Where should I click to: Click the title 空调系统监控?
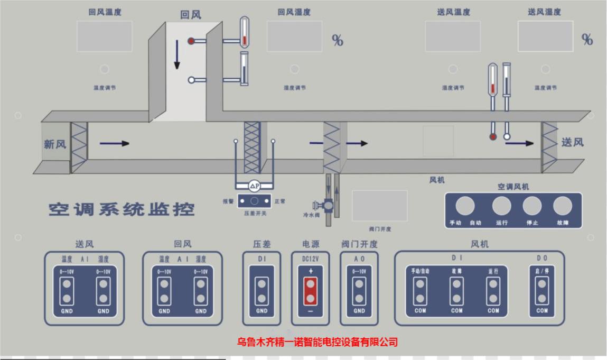[122, 209]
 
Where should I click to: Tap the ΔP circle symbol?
[255, 186]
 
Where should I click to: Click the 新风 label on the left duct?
[55, 144]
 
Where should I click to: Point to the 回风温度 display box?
[104, 36]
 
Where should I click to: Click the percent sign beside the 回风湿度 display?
[337, 40]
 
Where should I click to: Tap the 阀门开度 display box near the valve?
[379, 206]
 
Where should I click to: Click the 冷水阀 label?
[311, 215]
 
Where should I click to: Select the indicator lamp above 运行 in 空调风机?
[501, 206]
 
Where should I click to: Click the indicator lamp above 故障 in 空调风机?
[562, 206]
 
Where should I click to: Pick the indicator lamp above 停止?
[531, 206]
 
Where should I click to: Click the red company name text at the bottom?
[317, 342]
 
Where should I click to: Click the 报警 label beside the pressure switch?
[228, 201]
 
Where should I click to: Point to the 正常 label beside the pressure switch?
[280, 201]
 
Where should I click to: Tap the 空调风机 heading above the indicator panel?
[512, 187]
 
